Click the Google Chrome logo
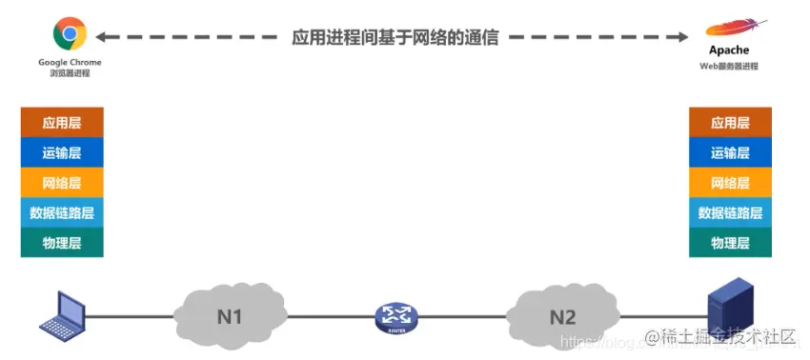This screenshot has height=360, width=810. (x=70, y=34)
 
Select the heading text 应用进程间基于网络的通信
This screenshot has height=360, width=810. (x=395, y=38)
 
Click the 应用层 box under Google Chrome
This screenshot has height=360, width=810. (x=62, y=123)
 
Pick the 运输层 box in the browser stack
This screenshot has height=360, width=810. (x=62, y=152)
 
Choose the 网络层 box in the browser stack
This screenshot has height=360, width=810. (x=62, y=183)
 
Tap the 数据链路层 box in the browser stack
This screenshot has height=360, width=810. (x=62, y=212)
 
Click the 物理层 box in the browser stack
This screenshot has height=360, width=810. (x=62, y=243)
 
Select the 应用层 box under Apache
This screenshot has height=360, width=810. (x=730, y=123)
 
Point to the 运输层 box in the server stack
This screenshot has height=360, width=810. (x=730, y=152)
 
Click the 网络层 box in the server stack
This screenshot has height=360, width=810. (x=730, y=183)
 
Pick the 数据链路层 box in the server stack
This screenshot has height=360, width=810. (x=730, y=212)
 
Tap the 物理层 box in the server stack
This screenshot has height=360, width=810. (x=730, y=243)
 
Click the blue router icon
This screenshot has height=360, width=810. (x=396, y=318)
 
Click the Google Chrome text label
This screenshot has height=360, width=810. (x=70, y=62)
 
